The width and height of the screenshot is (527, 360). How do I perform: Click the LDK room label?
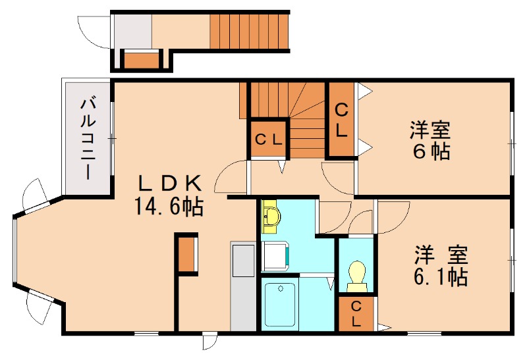(171, 184)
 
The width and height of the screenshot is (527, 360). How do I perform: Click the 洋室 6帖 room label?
(430, 140)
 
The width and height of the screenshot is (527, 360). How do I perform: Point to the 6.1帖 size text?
(441, 276)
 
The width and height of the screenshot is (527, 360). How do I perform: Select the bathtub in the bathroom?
(281, 305)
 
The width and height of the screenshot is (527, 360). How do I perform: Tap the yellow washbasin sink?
(271, 217)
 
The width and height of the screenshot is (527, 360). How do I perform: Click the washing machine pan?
(275, 256)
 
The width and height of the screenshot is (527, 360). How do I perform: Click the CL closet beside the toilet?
(356, 314)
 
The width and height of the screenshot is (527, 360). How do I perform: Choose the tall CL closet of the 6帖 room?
(341, 119)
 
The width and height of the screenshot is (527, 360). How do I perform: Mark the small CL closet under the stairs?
(268, 139)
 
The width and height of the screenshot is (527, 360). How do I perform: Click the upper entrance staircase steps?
(249, 31)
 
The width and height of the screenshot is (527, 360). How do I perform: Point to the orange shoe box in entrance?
(142, 60)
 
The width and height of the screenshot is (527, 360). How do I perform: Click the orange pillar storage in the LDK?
(186, 254)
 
